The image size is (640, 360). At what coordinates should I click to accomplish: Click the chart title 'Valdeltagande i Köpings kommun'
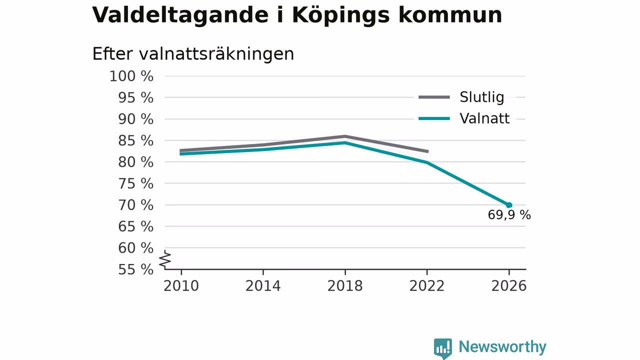(x=297, y=15)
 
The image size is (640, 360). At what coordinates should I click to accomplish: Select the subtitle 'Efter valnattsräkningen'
(x=193, y=54)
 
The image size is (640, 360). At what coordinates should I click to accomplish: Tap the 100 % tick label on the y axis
(x=131, y=76)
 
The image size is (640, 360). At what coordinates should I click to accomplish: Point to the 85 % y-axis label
(x=135, y=141)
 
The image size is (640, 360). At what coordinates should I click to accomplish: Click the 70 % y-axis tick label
(x=135, y=205)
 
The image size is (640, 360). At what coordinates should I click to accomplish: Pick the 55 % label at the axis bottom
(x=135, y=269)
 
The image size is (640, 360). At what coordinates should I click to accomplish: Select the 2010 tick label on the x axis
(x=181, y=286)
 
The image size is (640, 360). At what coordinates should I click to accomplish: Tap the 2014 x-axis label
(x=263, y=286)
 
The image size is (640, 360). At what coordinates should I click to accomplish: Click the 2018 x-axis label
(x=345, y=286)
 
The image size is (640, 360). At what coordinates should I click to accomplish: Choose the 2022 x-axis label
(x=427, y=286)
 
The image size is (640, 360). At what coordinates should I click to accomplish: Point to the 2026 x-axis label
(x=508, y=286)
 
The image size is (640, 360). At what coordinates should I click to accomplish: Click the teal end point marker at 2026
(x=509, y=205)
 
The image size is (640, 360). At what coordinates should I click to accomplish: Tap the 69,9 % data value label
(x=509, y=215)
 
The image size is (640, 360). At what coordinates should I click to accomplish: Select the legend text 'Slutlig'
(x=481, y=97)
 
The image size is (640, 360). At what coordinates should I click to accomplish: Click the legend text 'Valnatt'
(x=484, y=118)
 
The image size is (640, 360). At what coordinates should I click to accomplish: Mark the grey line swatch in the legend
(x=434, y=97)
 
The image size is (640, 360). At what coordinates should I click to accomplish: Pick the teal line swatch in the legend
(x=434, y=118)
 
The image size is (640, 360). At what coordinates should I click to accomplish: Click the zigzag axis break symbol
(x=165, y=259)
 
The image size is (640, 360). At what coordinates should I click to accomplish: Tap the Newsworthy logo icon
(x=443, y=348)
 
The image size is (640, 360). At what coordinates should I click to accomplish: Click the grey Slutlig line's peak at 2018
(x=345, y=136)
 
